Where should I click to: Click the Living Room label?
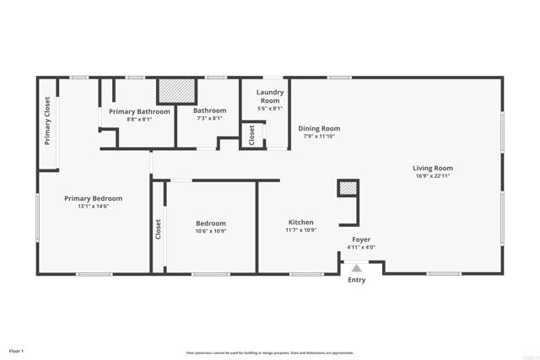pyautogui.click(x=432, y=168)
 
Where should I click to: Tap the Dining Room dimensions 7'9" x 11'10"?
pyautogui.click(x=319, y=137)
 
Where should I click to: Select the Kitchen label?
pyautogui.click(x=300, y=222)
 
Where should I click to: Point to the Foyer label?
pyautogui.click(x=360, y=239)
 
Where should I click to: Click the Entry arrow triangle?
pyautogui.click(x=357, y=268)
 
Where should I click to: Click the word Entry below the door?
pyautogui.click(x=357, y=280)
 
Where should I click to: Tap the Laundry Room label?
pyautogui.click(x=270, y=96)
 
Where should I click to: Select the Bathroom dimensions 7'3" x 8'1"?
pyautogui.click(x=209, y=119)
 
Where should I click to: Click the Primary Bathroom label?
pyautogui.click(x=139, y=111)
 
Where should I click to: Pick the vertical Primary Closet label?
pyautogui.click(x=48, y=119)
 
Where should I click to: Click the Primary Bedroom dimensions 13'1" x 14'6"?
pyautogui.click(x=94, y=207)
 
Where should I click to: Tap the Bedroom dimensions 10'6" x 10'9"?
pyautogui.click(x=211, y=231)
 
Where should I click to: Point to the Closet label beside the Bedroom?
pyautogui.click(x=158, y=228)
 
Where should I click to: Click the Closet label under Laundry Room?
pyautogui.click(x=251, y=135)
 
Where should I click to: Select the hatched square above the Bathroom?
pyautogui.click(x=176, y=90)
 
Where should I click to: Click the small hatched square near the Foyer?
pyautogui.click(x=348, y=188)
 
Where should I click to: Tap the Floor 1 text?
pyautogui.click(x=16, y=350)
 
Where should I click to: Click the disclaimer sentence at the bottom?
pyautogui.click(x=270, y=352)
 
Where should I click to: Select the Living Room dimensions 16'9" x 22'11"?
pyautogui.click(x=432, y=176)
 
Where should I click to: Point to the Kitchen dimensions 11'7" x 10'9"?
pyautogui.click(x=300, y=230)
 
